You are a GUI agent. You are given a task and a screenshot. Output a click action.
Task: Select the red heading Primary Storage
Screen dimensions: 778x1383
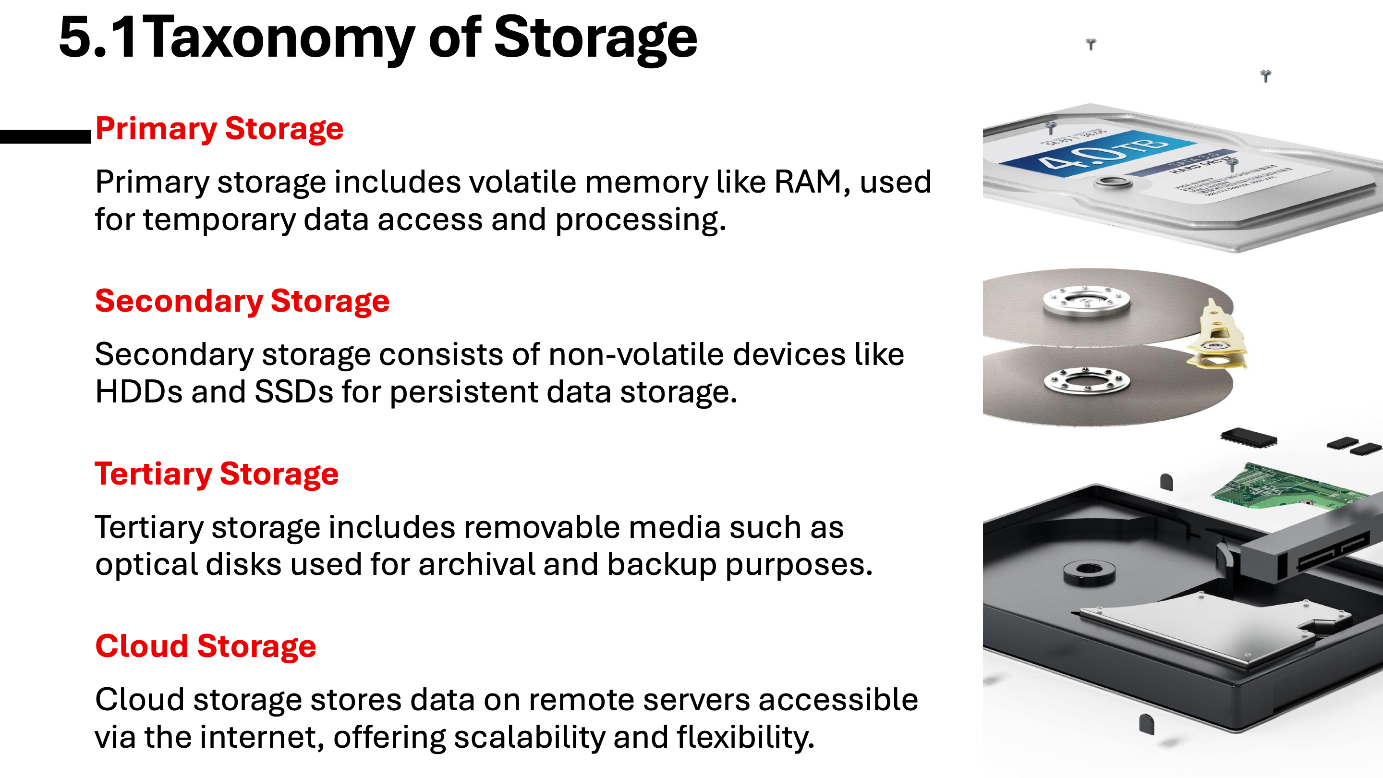click(219, 129)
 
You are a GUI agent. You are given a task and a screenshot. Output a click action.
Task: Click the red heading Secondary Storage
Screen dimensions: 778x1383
click(242, 301)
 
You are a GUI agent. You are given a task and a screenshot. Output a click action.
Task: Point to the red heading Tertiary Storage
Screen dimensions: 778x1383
click(217, 474)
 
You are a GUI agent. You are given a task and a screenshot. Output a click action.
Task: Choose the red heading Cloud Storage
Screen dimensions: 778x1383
click(206, 646)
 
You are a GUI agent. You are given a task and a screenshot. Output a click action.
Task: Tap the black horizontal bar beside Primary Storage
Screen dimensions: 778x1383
click(46, 136)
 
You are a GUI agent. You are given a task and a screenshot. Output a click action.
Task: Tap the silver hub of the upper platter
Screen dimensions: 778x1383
click(1086, 301)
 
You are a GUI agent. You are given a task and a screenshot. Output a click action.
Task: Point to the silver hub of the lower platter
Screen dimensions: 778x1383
click(1087, 381)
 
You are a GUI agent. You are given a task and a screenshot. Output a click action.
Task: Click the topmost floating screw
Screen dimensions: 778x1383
click(1091, 44)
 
